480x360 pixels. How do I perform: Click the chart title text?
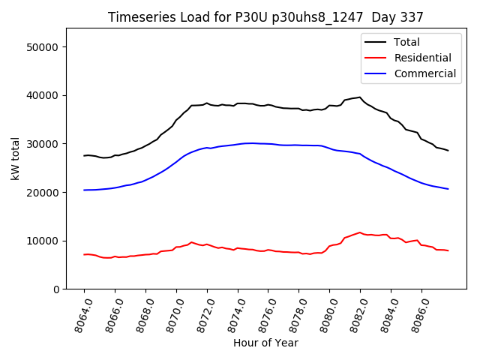265,17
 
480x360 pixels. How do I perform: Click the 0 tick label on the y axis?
56,289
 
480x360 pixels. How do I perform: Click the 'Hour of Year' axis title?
265,343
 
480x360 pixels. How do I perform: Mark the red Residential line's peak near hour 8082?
360,232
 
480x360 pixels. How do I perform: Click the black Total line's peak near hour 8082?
360,97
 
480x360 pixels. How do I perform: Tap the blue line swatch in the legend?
375,73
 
